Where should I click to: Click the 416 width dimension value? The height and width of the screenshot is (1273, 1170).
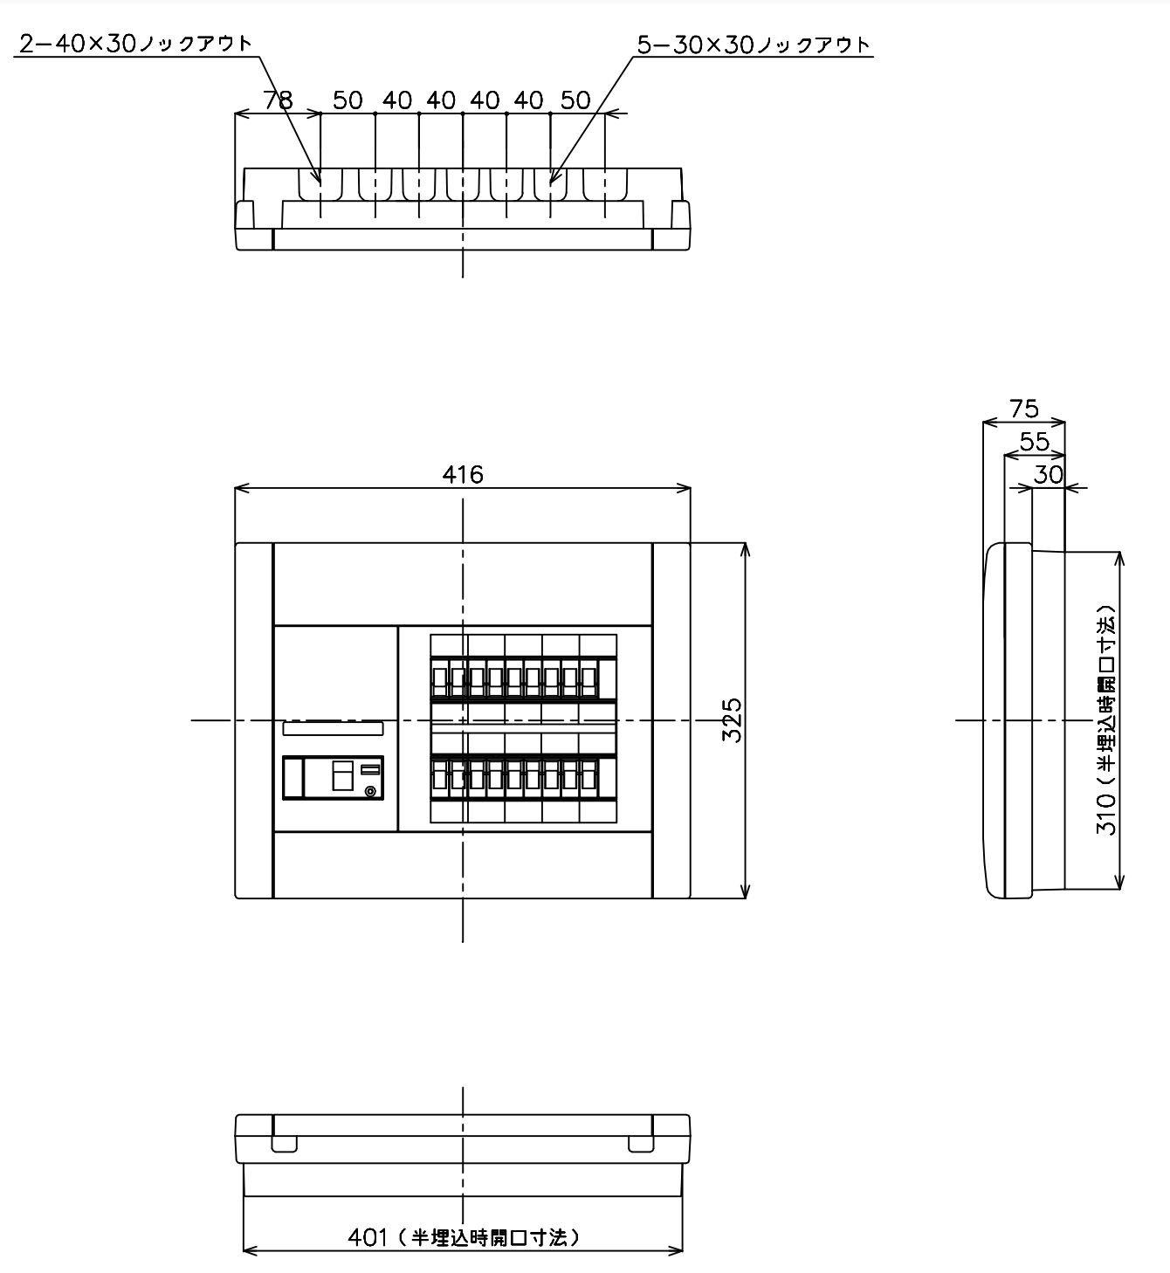pyautogui.click(x=463, y=475)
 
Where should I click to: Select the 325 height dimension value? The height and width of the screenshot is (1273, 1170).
pyautogui.click(x=732, y=720)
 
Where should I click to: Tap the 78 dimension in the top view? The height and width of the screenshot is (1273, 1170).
pyautogui.click(x=278, y=100)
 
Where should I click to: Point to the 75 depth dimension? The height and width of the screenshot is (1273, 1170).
pyautogui.click(x=1023, y=409)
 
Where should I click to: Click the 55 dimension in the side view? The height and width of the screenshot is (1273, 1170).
pyautogui.click(x=1035, y=442)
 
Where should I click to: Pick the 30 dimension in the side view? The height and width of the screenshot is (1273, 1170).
pyautogui.click(x=1048, y=475)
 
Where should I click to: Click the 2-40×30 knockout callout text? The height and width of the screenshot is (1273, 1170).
pyautogui.click(x=136, y=43)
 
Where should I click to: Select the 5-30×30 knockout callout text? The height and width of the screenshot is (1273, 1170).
pyautogui.click(x=754, y=45)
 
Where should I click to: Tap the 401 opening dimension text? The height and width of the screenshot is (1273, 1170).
pyautogui.click(x=464, y=1237)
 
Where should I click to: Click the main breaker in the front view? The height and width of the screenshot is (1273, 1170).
pyautogui.click(x=334, y=777)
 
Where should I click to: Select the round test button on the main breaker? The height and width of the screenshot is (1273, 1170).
pyautogui.click(x=371, y=791)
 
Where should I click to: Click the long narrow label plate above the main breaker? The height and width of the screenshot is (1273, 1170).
pyautogui.click(x=334, y=728)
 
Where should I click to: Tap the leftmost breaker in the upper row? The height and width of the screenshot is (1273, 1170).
pyautogui.click(x=439, y=679)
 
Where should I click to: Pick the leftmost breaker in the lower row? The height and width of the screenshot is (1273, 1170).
pyautogui.click(x=439, y=777)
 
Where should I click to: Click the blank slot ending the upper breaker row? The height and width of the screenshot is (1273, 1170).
pyautogui.click(x=608, y=679)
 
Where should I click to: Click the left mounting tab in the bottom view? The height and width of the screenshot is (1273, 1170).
pyautogui.click(x=284, y=1144)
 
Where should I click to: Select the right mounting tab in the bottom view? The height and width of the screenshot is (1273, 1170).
pyautogui.click(x=641, y=1144)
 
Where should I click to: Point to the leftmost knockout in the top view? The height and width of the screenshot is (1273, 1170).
pyautogui.click(x=320, y=185)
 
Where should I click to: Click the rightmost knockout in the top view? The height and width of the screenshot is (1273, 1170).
pyautogui.click(x=605, y=185)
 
